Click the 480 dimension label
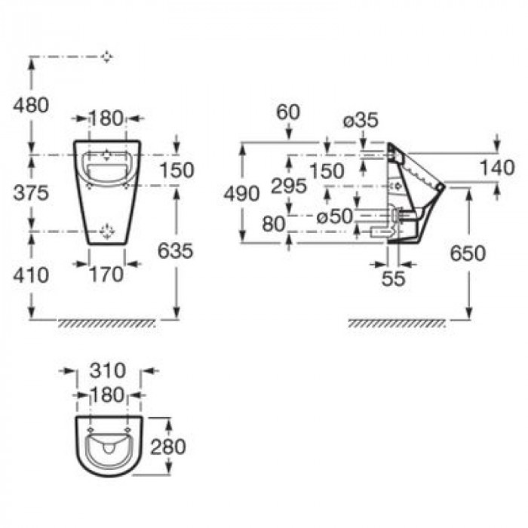[31, 106]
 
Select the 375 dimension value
[31, 192]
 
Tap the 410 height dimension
[31, 274]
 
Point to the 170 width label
[106, 275]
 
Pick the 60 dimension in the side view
[288, 112]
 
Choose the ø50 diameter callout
[335, 216]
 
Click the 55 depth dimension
[393, 278]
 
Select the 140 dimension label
[498, 167]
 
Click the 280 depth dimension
[168, 447]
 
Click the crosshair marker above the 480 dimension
[107, 57]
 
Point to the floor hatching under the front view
[107, 323]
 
